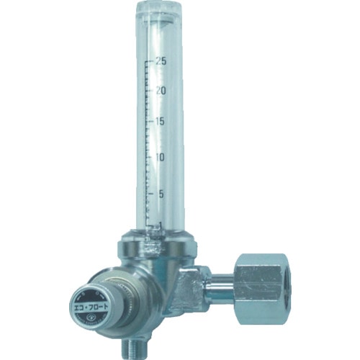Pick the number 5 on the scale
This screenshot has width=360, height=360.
pos(161,192)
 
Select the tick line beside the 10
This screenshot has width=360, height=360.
pos(149,157)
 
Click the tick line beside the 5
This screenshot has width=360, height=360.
pos(149,192)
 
